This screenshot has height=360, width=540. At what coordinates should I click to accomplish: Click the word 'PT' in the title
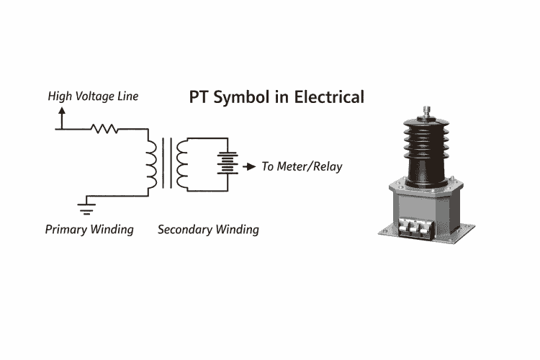click(198, 96)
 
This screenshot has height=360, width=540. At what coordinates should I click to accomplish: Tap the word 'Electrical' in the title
click(328, 96)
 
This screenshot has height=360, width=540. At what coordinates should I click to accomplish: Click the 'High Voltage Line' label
click(93, 96)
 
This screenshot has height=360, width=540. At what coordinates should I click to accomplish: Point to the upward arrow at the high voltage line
click(61, 115)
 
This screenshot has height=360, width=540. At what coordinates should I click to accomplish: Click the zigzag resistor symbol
click(104, 130)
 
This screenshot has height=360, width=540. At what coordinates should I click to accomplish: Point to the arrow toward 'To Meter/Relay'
click(248, 166)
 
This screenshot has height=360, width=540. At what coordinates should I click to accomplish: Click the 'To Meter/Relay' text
click(302, 166)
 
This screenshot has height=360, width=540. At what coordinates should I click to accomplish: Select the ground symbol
click(86, 210)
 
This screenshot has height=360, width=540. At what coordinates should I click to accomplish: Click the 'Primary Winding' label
click(89, 230)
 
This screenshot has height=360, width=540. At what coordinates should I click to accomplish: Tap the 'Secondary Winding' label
click(208, 230)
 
